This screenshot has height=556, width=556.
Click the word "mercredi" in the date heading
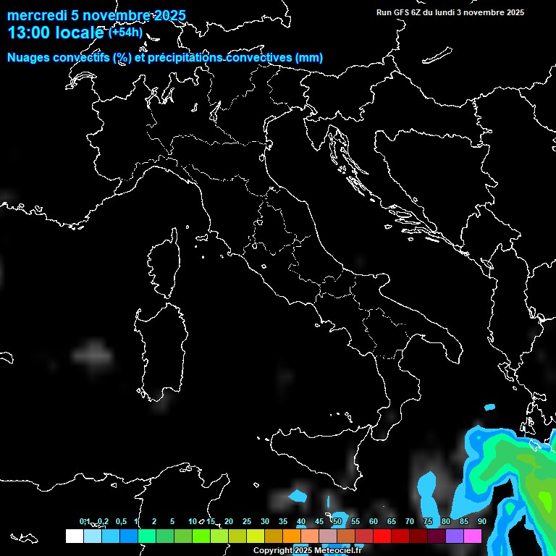33,16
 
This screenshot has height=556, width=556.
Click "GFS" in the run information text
401,12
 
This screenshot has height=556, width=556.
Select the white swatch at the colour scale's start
74,536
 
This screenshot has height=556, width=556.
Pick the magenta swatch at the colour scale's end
473,536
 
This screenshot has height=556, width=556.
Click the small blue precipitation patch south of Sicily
297,497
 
